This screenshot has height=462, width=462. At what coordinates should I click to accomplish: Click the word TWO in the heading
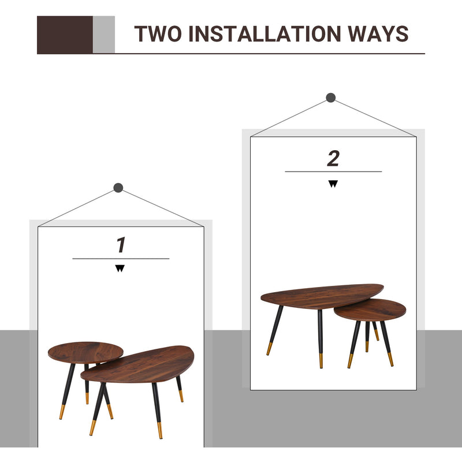click(158, 33)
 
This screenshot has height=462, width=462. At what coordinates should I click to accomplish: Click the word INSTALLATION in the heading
click(264, 33)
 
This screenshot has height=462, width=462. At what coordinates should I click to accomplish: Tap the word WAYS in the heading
click(378, 33)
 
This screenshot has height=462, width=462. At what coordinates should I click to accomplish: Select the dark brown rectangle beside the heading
click(65, 35)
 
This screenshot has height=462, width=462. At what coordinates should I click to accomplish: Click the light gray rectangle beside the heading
click(104, 35)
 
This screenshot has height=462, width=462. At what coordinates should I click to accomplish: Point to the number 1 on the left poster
click(121, 245)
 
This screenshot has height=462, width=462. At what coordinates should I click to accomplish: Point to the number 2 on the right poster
click(333, 158)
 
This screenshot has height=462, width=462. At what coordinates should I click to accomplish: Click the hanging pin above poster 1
click(118, 188)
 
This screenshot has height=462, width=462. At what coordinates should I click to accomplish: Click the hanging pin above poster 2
click(331, 98)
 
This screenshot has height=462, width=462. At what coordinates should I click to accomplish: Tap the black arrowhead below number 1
click(120, 268)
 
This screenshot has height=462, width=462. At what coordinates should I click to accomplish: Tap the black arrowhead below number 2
click(333, 184)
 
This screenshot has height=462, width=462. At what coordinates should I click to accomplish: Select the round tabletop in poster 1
click(85, 352)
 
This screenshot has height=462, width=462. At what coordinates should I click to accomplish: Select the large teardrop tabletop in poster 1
click(137, 365)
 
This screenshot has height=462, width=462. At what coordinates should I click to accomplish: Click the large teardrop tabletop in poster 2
click(322, 296)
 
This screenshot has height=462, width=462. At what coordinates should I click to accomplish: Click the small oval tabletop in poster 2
click(370, 310)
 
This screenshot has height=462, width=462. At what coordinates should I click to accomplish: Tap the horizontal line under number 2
click(333, 172)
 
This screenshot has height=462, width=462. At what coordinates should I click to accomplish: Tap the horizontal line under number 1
click(121, 259)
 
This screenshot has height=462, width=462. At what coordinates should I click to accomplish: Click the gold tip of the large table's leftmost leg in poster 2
click(269, 349)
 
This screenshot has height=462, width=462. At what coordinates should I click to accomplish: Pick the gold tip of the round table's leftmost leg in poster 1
click(62, 412)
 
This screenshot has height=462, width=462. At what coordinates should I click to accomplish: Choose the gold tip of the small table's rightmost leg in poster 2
click(390, 359)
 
